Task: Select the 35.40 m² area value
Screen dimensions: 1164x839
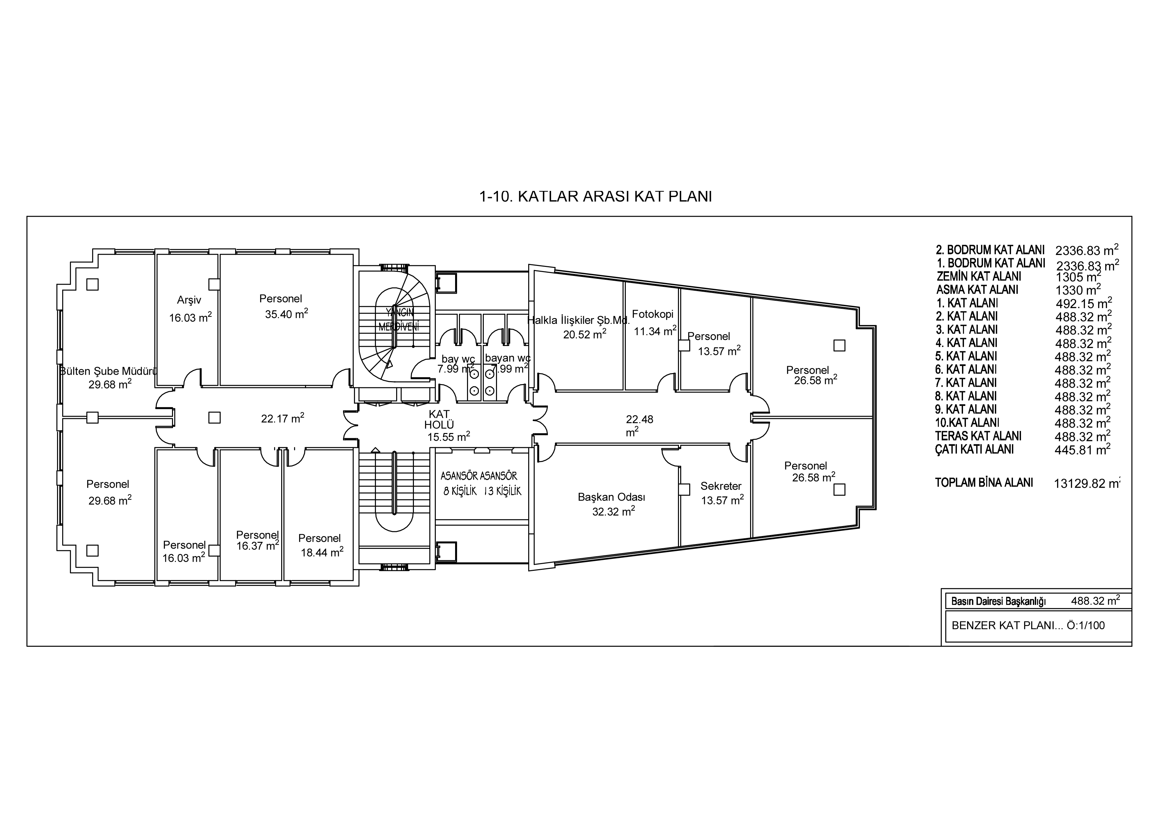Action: coord(286,314)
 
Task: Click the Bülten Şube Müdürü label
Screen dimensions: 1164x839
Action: coord(108,371)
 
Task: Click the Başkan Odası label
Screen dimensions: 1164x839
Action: coord(611,497)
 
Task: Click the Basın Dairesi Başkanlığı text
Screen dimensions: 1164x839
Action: coord(998,601)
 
